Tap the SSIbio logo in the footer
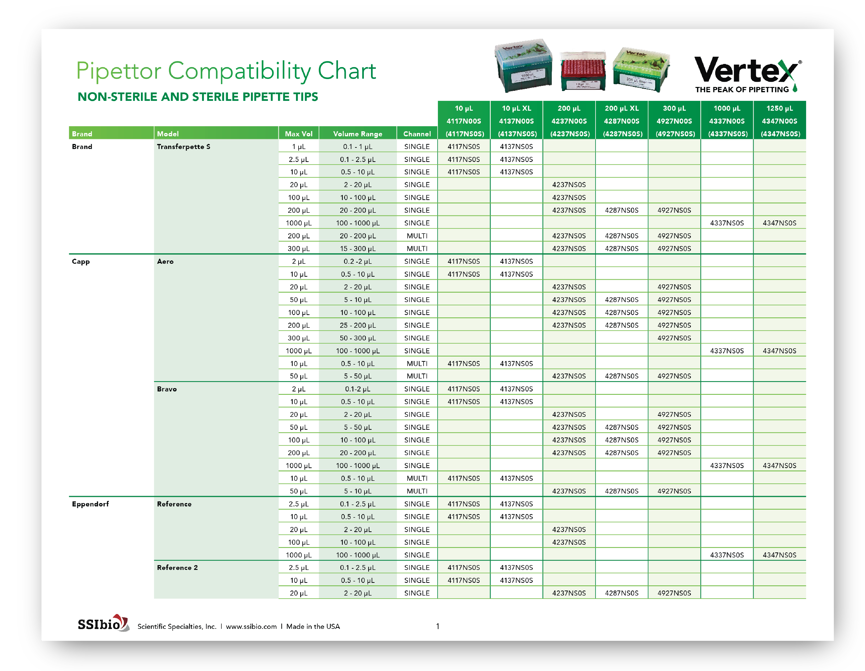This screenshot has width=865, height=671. (103, 623)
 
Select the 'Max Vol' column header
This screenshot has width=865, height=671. (299, 134)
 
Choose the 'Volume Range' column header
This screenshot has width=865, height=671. (358, 134)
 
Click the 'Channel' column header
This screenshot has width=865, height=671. (417, 134)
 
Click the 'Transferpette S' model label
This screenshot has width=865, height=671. (183, 146)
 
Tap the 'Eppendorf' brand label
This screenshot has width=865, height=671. (90, 504)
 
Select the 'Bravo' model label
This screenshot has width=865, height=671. (167, 389)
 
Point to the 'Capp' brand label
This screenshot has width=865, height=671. (81, 262)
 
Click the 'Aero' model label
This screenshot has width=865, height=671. (165, 262)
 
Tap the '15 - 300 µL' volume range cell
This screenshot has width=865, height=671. (358, 249)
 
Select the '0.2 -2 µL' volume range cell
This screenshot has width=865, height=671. (358, 262)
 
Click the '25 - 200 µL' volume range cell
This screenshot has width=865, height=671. (358, 325)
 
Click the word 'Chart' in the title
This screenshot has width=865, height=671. (347, 71)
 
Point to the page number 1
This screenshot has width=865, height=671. (438, 626)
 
